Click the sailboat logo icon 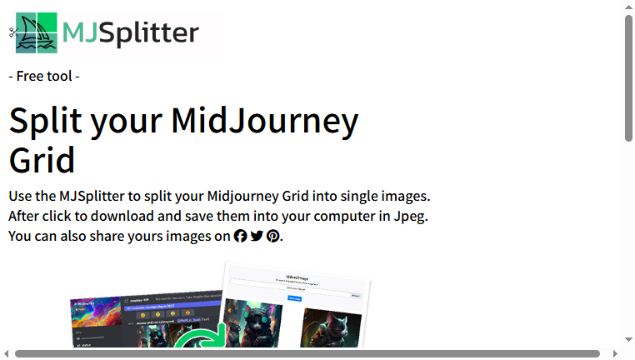[37, 33]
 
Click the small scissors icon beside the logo [13, 32]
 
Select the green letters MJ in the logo [80, 32]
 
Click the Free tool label [44, 77]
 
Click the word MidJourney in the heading [264, 122]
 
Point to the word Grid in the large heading [42, 159]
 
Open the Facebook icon [241, 237]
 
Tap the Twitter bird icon [257, 237]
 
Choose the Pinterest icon [272, 237]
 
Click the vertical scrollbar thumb [629, 79]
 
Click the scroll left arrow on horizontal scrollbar [7, 353]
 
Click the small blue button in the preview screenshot [294, 297]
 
